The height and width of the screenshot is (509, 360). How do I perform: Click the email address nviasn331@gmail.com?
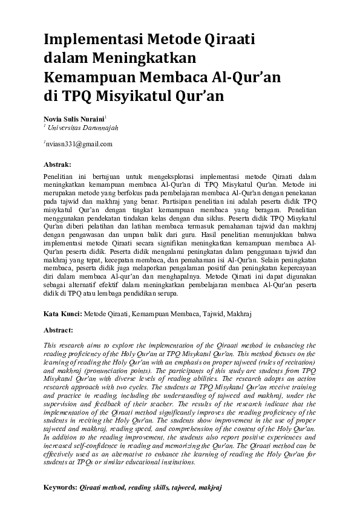pos(79,144)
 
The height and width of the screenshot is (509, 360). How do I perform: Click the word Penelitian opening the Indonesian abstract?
pos(61,174)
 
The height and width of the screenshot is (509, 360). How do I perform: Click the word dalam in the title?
pos(65,59)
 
